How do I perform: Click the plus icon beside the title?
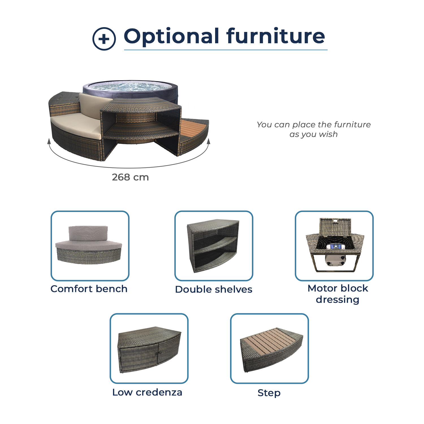point(104,39)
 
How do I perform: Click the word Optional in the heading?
point(172,36)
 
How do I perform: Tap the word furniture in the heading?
point(276,36)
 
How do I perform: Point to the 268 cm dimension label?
point(130,177)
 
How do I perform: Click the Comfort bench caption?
point(89,289)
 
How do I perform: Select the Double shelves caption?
point(214,289)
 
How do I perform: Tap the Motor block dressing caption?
point(338,294)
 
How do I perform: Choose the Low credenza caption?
point(147,392)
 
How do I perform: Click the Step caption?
point(269,393)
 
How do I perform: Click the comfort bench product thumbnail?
point(90,246)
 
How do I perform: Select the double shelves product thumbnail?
point(214,246)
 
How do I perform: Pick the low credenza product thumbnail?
point(149,348)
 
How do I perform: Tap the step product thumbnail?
point(269,348)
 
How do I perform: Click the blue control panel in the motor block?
point(335,246)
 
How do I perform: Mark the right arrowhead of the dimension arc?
point(209,141)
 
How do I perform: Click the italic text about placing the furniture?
point(313,129)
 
